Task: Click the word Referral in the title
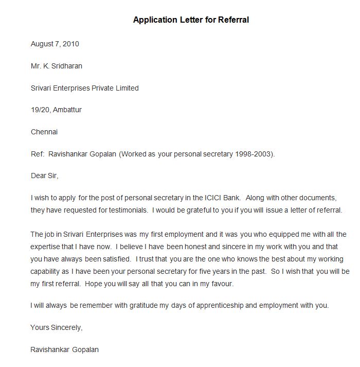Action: (x=233, y=20)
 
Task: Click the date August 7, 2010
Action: (x=55, y=44)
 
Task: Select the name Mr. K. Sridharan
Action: (x=57, y=66)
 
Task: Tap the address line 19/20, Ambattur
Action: (x=56, y=110)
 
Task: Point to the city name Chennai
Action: (x=44, y=132)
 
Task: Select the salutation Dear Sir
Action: (x=44, y=176)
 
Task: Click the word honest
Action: (x=178, y=246)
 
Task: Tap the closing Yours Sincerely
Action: (x=56, y=327)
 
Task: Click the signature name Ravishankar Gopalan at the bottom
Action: (x=65, y=349)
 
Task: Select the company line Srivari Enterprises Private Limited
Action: (x=84, y=88)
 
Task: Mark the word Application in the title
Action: (x=154, y=20)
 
